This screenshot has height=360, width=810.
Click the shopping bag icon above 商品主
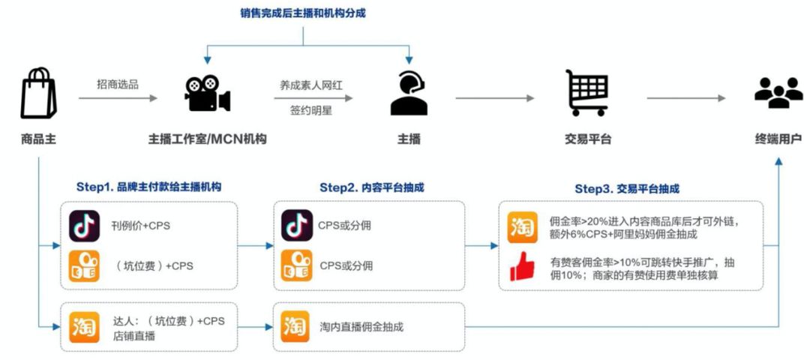37,93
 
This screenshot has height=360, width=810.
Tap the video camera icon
207,93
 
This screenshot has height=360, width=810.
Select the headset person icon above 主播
409,93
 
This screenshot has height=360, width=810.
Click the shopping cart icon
587,93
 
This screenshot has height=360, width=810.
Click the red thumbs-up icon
522,267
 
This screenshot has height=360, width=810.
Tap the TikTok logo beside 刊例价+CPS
84,226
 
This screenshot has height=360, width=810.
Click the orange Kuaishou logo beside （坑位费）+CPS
84,265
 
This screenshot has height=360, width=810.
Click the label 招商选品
118,84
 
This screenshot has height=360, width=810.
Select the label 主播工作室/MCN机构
207,139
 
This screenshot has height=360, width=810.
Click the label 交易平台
588,139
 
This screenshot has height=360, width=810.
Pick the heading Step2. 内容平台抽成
371,187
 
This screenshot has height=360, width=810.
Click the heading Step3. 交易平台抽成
627,188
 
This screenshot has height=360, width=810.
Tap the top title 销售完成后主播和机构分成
303,13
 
